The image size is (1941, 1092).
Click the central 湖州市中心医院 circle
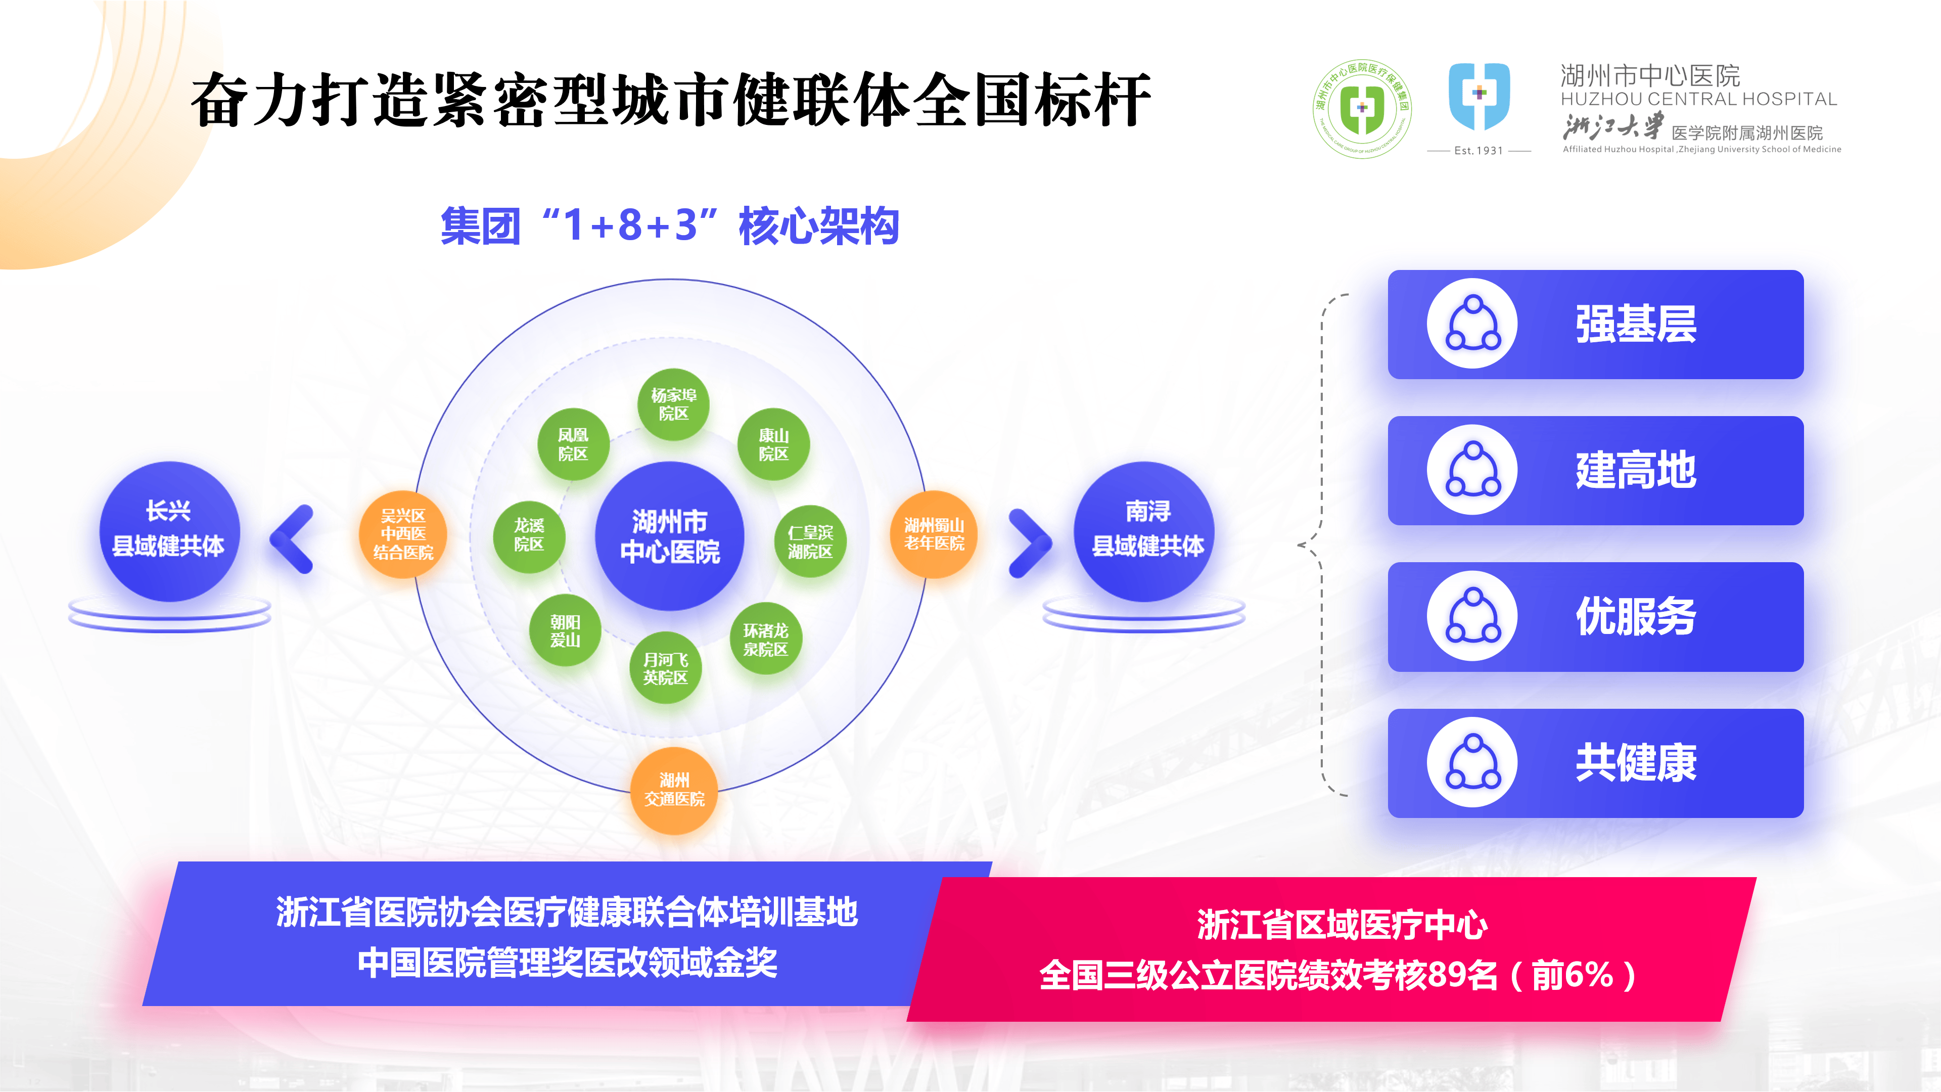coord(669,536)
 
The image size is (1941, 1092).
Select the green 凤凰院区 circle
coord(573,444)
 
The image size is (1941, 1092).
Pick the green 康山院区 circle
coord(773,444)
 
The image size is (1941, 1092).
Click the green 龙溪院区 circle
coord(529,535)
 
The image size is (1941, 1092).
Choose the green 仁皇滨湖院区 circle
coord(810,541)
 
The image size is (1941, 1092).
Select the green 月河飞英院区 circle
coord(665,668)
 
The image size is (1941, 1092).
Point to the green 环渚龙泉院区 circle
coord(766,639)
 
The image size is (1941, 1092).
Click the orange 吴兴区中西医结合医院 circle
coord(403,533)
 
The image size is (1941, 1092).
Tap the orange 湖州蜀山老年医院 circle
coord(934,533)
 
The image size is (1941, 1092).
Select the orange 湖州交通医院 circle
coord(674,789)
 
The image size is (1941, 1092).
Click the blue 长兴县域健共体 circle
coord(169,530)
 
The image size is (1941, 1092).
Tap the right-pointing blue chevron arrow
coord(1030,542)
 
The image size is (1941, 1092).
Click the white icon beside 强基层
coord(1471,324)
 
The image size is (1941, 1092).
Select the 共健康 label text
coord(1636,763)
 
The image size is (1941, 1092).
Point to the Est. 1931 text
coord(1478,151)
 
